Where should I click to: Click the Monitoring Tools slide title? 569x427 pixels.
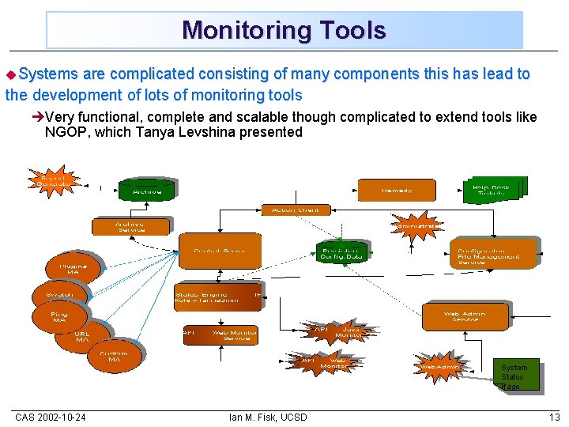(x=284, y=31)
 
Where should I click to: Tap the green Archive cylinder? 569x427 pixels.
(x=147, y=191)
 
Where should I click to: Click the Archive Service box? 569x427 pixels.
(x=130, y=226)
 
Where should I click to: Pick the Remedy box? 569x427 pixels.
(x=396, y=191)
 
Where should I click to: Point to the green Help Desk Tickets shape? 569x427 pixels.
(x=492, y=191)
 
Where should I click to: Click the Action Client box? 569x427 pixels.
(x=295, y=210)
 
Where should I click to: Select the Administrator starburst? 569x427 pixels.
(x=416, y=226)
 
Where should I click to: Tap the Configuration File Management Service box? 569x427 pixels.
(x=488, y=252)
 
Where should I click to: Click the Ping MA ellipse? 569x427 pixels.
(x=59, y=317)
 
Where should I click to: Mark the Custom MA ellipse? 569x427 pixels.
(x=115, y=356)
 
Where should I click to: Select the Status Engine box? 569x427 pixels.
(x=217, y=295)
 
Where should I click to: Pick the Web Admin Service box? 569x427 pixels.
(x=465, y=316)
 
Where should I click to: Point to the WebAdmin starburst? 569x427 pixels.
(x=439, y=367)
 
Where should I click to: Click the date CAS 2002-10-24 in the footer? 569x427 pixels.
(x=51, y=417)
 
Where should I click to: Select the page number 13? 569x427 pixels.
(x=554, y=417)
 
